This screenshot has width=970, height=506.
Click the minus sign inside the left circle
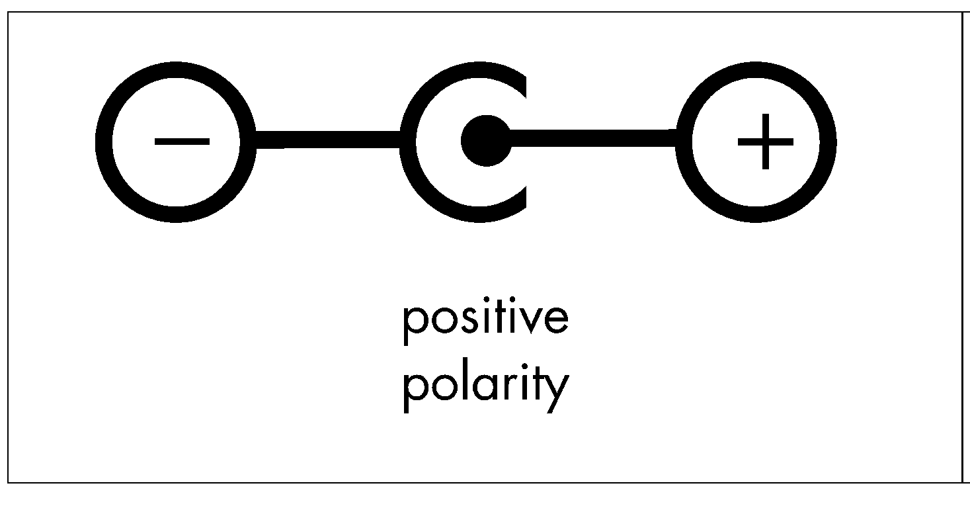[x=182, y=142]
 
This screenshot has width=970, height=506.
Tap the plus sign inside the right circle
[x=765, y=142]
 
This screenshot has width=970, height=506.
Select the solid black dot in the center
[x=486, y=141]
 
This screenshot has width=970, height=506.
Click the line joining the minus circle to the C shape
[x=328, y=140]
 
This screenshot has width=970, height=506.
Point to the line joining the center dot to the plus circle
[x=593, y=138]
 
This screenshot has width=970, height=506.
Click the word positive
[x=486, y=321]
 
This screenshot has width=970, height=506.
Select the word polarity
[x=486, y=388]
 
